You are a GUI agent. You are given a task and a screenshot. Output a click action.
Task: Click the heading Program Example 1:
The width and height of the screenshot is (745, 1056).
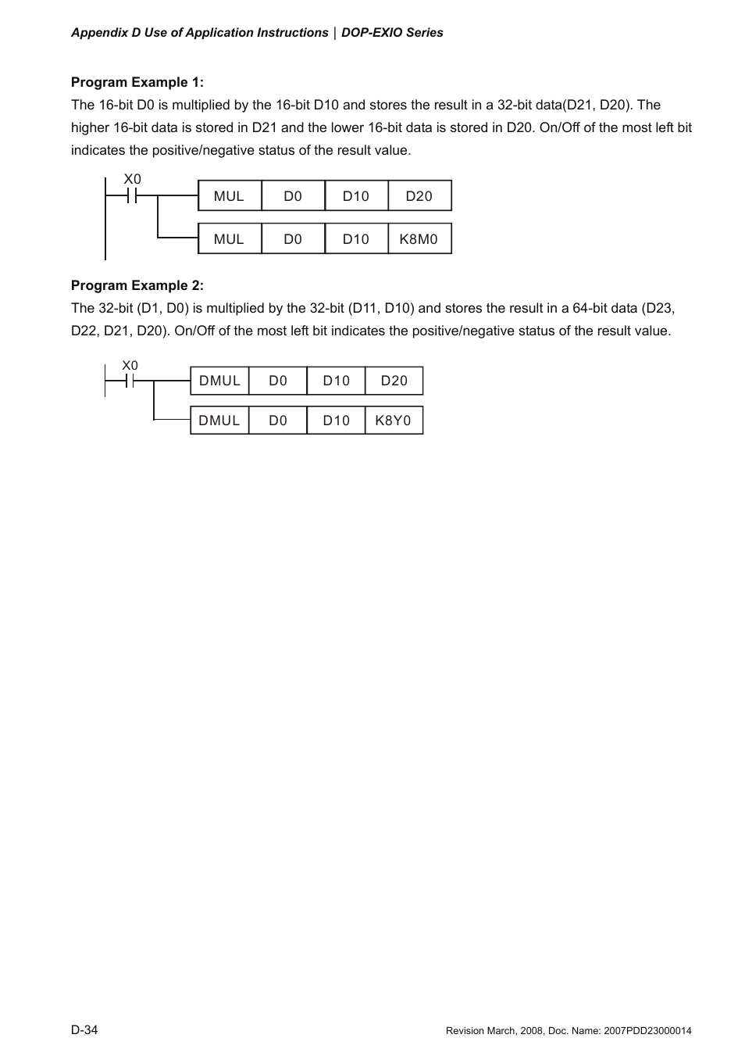137,82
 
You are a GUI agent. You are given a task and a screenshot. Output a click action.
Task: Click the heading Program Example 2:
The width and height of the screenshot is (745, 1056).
137,285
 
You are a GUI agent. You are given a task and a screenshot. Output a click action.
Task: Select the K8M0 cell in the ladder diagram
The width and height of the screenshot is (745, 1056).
419,239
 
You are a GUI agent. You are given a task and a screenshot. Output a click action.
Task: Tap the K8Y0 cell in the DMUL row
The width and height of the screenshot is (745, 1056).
394,421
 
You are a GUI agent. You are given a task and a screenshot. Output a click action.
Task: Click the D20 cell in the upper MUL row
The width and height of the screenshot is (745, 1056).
419,196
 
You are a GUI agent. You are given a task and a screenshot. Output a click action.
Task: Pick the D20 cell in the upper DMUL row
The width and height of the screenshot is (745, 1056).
394,381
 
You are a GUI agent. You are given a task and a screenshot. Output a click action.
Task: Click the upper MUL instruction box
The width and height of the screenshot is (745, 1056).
229,196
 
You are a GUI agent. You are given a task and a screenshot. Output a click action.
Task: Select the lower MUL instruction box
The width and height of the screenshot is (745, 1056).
229,239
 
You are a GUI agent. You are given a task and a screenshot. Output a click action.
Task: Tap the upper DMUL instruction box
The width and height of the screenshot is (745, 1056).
219,381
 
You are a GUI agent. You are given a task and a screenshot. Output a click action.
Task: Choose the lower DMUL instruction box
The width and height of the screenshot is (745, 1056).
219,421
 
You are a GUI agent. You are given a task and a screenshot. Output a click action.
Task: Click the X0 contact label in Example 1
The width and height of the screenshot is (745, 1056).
133,179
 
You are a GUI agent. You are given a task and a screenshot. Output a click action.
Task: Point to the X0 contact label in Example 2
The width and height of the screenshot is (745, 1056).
130,365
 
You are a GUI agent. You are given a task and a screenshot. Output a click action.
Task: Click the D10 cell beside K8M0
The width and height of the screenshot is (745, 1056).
356,239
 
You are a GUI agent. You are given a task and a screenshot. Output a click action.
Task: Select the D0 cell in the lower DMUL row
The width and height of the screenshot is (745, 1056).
278,421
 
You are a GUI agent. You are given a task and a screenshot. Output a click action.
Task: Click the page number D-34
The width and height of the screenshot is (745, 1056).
84,1029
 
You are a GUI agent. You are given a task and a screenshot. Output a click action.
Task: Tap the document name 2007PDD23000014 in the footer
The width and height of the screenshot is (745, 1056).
647,1031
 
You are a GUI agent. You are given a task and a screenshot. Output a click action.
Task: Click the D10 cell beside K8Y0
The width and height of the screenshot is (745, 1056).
337,421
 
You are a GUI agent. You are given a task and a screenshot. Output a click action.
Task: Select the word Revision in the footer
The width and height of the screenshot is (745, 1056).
465,1031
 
